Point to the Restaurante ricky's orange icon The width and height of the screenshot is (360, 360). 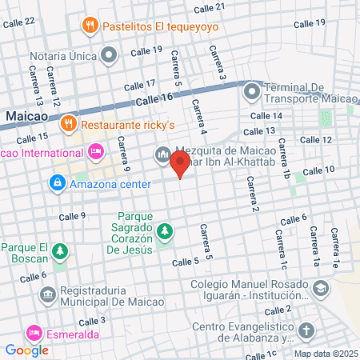tap(69, 124)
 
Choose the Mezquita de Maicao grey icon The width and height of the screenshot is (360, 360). tap(162, 152)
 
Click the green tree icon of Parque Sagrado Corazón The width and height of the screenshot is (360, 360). tap(165, 232)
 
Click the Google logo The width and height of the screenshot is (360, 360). tap(27, 350)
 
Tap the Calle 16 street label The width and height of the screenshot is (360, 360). tap(154, 98)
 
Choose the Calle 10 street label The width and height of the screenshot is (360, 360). tap(318, 170)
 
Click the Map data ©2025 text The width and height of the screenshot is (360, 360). tap(325, 354)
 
